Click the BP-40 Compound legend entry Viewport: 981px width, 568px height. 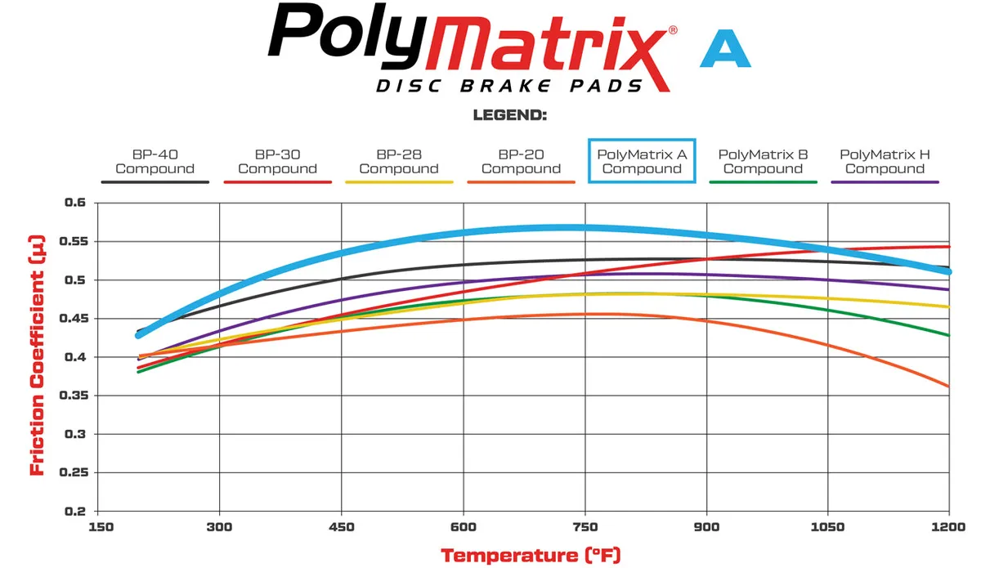click(155, 162)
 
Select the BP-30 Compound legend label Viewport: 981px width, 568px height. click(277, 162)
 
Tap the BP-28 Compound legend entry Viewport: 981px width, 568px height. click(399, 162)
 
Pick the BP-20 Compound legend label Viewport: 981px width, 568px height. click(521, 162)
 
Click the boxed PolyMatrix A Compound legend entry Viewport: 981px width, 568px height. click(642, 161)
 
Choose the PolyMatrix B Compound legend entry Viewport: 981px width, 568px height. click(763, 162)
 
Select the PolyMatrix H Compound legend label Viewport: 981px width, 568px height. click(885, 162)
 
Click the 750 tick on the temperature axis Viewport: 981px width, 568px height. click(585, 527)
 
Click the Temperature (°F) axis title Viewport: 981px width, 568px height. click(531, 556)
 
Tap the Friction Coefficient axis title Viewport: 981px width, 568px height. click(37, 356)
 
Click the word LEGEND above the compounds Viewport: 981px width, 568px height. click(509, 116)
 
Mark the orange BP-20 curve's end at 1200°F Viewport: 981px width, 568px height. click(948, 386)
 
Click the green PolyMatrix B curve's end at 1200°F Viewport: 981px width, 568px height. click(948, 335)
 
